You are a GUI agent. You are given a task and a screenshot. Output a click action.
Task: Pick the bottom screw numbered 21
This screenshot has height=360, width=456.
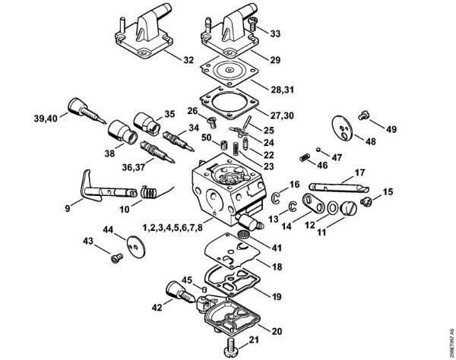[x=231, y=349]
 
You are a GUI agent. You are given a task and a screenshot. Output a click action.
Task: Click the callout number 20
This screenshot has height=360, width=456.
[x=274, y=331]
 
